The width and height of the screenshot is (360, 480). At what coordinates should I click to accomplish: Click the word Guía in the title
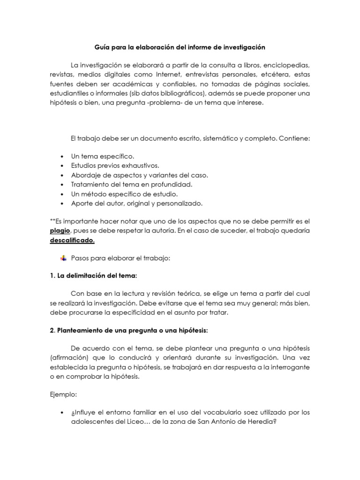(x=103, y=47)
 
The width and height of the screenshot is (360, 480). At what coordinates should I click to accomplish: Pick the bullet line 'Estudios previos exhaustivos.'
(x=115, y=165)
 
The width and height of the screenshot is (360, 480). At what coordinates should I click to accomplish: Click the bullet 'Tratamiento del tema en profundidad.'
(x=131, y=184)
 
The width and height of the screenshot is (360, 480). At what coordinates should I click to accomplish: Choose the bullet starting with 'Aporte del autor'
(x=136, y=203)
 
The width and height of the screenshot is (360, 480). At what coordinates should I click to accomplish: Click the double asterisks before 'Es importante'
(x=52, y=221)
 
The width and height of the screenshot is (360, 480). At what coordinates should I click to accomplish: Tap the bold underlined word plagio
(x=60, y=231)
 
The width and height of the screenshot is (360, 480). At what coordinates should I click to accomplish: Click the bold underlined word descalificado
(x=72, y=241)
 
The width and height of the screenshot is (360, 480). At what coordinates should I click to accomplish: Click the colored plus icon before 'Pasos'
(x=64, y=258)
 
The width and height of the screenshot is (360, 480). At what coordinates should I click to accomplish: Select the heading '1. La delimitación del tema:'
(x=94, y=276)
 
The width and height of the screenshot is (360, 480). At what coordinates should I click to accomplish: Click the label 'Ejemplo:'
(x=63, y=395)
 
